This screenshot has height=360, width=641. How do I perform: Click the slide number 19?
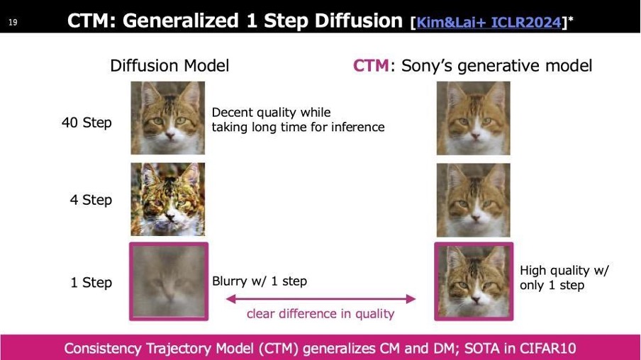coord(13,22)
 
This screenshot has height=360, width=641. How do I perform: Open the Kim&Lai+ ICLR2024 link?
coord(489,22)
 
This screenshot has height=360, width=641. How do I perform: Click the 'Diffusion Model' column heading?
coord(169,66)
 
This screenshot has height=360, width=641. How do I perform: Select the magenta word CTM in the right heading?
coord(371,65)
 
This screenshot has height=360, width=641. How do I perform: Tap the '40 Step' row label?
coord(87,122)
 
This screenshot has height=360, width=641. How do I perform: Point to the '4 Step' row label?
coord(91,200)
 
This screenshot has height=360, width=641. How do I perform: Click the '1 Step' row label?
coord(91,282)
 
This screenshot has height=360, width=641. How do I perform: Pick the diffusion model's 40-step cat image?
coord(167,118)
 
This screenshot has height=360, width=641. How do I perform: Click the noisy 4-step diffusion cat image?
coord(167,199)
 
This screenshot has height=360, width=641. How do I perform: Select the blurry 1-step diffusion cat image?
coord(169,281)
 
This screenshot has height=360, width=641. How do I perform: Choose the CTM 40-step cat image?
coord(474,118)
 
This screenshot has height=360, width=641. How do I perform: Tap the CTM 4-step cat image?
coord(474,200)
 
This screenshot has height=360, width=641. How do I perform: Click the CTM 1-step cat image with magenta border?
coord(474,281)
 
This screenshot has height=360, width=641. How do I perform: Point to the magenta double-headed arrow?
coord(321,299)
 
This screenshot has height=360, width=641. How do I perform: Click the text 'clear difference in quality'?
coord(320,314)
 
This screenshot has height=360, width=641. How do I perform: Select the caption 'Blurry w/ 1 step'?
coord(260,281)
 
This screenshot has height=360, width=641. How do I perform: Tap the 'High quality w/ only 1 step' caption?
coord(564,278)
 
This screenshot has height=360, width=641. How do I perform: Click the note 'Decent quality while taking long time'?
coord(298,120)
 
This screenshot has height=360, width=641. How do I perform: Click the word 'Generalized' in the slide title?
coord(181,21)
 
